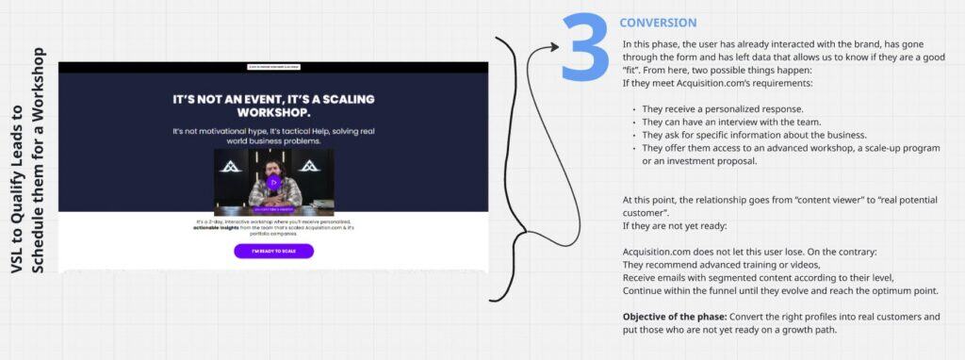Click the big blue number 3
coord(584,46)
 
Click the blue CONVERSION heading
coord(658,23)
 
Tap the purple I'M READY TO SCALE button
coord(273,252)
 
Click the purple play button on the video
coord(273,182)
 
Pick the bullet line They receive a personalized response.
coord(723,109)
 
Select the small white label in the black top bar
coord(273,67)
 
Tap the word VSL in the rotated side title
coord(16,262)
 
